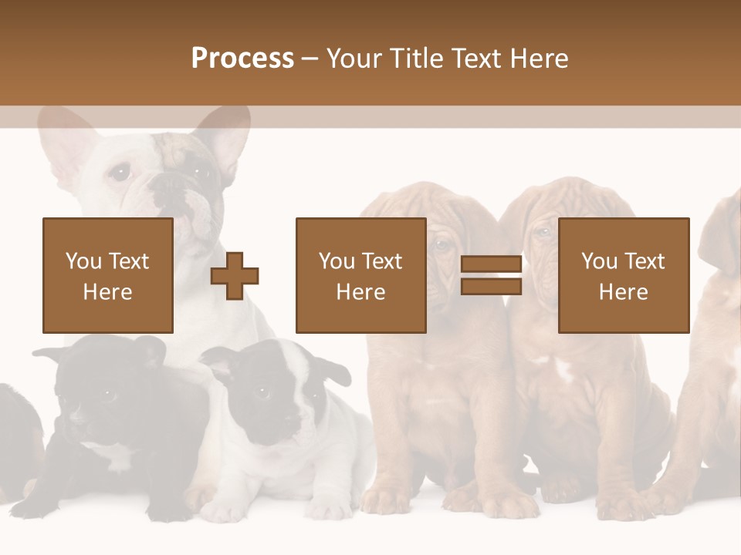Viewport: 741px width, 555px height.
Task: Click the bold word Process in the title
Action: (242, 58)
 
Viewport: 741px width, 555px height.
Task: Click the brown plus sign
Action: (235, 276)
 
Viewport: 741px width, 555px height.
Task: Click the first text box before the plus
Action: (108, 275)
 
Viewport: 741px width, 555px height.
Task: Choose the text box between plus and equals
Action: (360, 275)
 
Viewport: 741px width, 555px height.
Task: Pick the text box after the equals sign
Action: (623, 275)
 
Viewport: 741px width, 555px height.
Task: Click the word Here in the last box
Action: (623, 292)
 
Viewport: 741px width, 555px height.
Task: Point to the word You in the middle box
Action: (337, 261)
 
